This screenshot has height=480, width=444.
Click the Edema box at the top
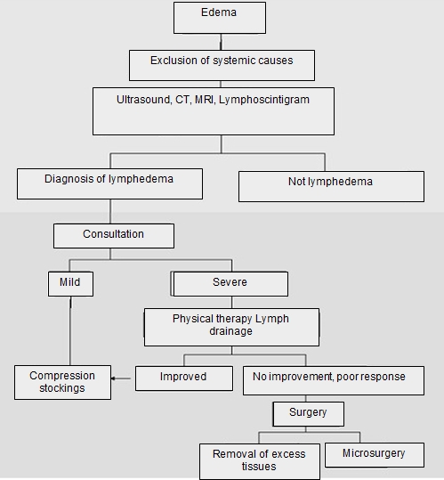220,18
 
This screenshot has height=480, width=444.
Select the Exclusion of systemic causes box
222,66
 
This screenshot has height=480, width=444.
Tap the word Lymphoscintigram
264,100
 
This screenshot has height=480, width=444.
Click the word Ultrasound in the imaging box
144,100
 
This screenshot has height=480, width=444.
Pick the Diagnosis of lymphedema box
109,183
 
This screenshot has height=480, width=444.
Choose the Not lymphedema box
331,186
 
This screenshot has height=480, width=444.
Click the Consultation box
114,236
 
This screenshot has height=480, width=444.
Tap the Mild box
70,284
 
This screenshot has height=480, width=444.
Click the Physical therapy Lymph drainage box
231,327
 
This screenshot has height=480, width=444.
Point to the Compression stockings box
62,382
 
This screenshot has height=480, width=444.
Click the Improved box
184,378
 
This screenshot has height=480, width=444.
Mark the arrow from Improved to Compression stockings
121,378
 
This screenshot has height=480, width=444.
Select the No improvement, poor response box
334,380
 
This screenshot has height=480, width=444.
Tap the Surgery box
308,414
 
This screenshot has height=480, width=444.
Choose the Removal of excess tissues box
260,461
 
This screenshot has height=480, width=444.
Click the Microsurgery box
375,455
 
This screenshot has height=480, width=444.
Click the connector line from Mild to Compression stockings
70,330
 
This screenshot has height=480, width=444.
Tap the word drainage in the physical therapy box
230,331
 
